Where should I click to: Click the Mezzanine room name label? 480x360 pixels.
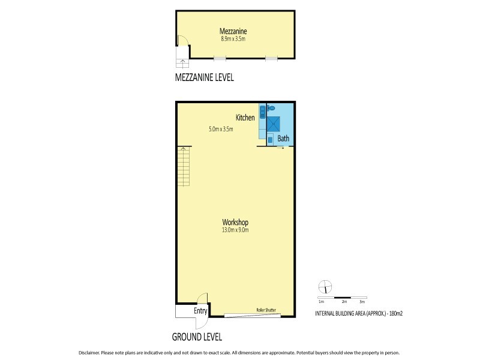tap(234, 31)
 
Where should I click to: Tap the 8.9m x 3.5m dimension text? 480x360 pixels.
tap(234, 39)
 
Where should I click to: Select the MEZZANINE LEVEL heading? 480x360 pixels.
tap(203, 77)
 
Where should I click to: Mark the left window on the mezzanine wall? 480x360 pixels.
tap(220, 58)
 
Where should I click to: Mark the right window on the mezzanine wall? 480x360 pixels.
tap(272, 58)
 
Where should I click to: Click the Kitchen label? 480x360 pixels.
tap(245, 118)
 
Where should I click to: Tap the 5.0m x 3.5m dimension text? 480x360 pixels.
tap(221, 129)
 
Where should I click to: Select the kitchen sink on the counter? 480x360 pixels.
tap(262, 112)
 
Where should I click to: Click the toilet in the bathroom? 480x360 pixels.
tap(271, 109)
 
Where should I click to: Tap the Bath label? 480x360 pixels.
tap(283, 139)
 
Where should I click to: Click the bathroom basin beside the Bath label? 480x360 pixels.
tap(270, 139)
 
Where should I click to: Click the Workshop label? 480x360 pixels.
tap(235, 222)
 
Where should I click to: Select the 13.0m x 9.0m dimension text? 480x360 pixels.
tap(235, 230)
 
